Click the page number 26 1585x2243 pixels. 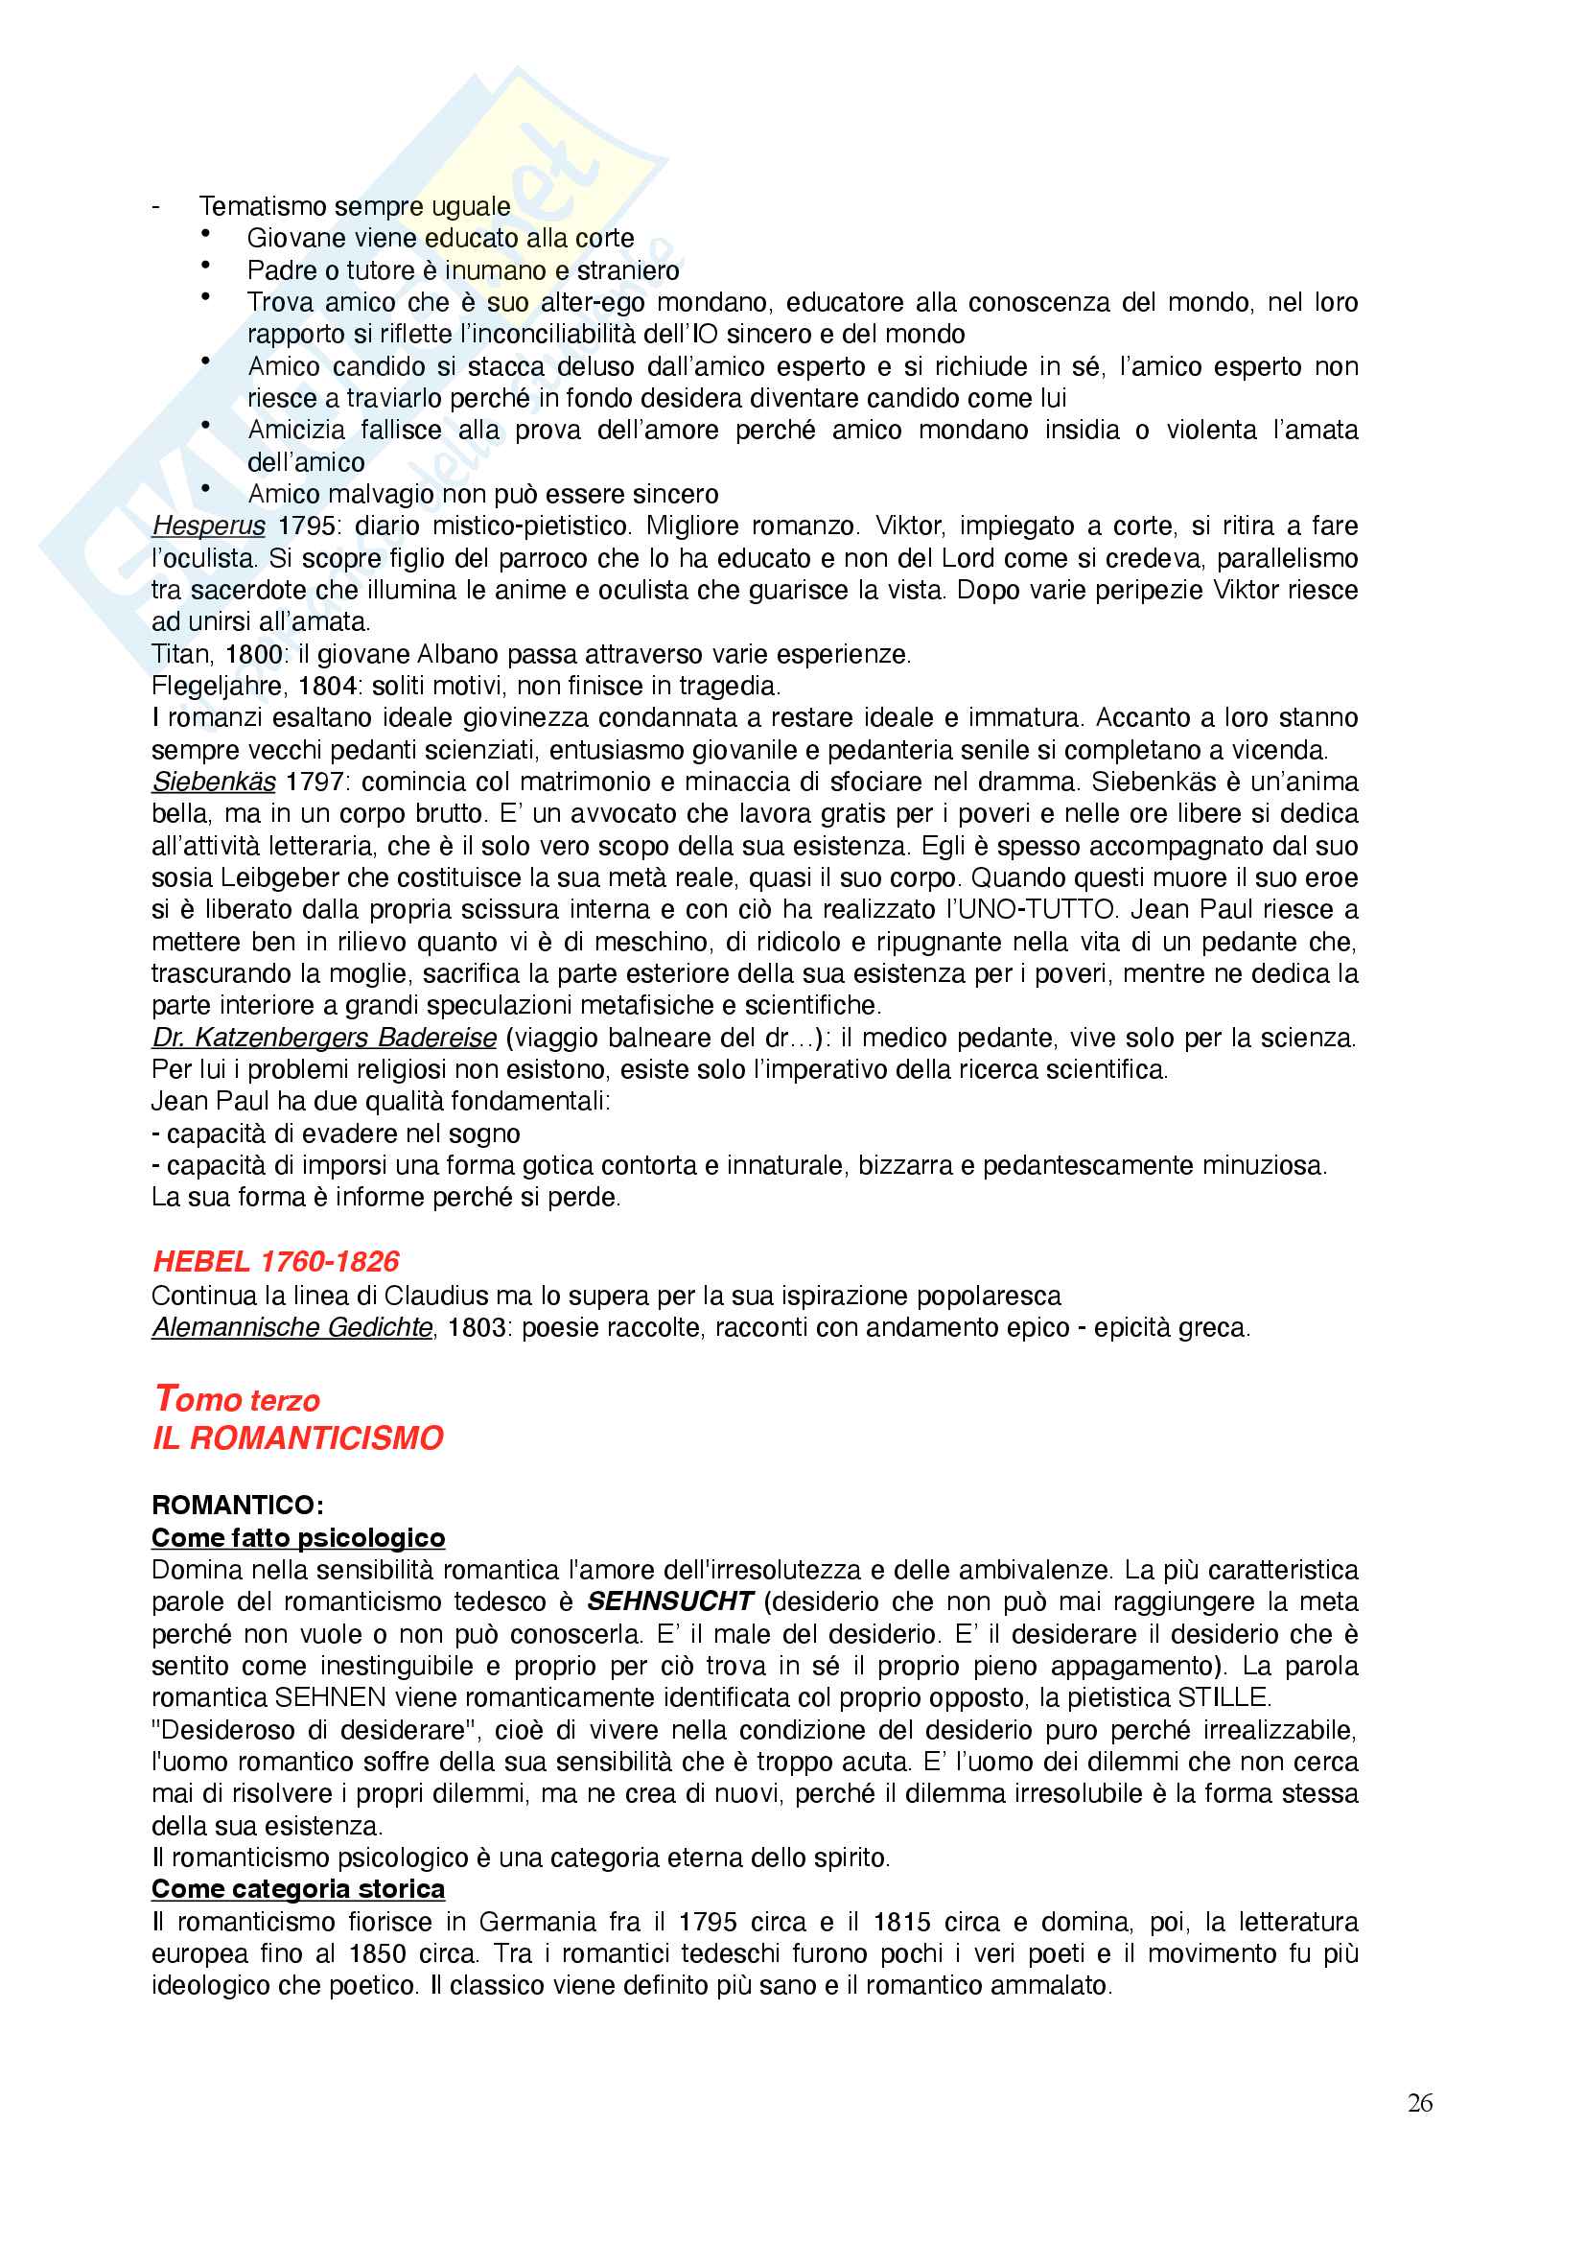(1419, 2102)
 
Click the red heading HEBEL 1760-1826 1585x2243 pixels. (276, 1261)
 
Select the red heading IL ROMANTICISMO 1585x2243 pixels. (298, 1438)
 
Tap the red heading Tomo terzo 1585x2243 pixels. (237, 1399)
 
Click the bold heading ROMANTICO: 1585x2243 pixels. (237, 1506)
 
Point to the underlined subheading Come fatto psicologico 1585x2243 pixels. (298, 1537)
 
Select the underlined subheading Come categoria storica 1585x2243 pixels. (298, 1889)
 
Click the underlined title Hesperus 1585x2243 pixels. (208, 526)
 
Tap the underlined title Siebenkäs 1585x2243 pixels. (214, 782)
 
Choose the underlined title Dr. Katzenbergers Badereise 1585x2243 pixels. (324, 1038)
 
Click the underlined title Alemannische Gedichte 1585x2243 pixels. (292, 1327)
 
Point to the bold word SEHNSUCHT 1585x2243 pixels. (670, 1601)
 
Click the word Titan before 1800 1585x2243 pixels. (181, 654)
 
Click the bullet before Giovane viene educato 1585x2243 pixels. (206, 233)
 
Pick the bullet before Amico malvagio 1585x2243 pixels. (206, 489)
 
